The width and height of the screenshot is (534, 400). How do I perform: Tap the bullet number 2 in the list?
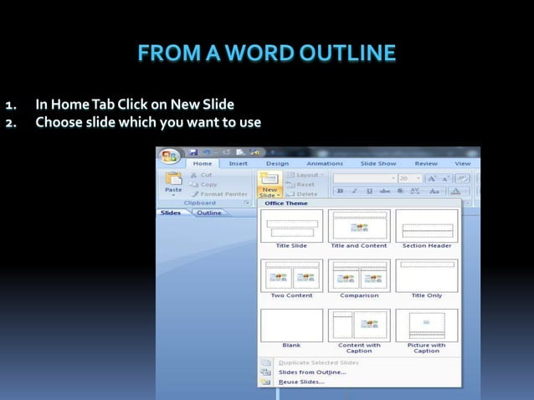11,123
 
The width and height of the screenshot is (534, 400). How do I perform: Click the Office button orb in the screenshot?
170,157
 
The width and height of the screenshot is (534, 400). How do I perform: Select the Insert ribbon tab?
239,164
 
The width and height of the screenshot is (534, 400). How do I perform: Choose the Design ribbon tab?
277,164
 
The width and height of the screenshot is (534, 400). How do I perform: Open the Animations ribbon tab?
324,164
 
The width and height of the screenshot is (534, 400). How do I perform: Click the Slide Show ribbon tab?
378,164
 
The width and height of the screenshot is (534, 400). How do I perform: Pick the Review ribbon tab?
426,164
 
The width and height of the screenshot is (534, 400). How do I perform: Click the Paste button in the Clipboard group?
173,183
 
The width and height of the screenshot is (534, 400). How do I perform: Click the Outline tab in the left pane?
208,213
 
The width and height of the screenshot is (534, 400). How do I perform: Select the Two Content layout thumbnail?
291,276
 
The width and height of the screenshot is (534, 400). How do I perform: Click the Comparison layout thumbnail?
359,276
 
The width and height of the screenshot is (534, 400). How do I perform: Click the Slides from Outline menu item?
311,372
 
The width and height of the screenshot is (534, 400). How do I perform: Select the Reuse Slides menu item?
301,382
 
